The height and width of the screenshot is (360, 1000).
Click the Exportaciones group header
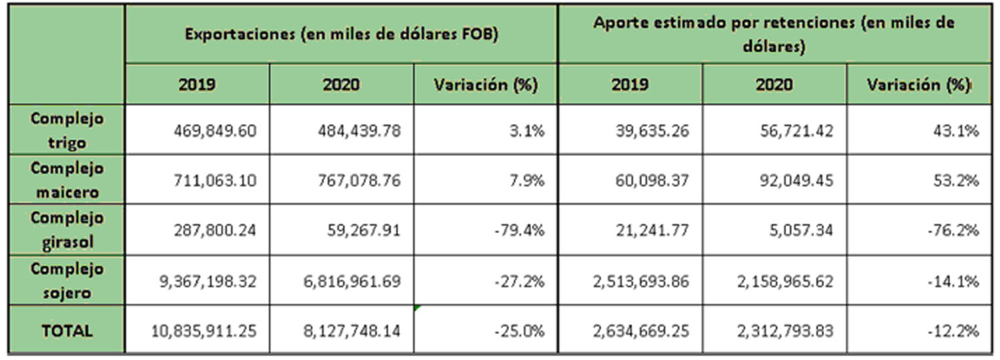coord(341,35)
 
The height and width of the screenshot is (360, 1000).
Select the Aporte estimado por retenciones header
coord(773,35)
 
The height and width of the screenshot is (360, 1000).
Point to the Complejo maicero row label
coord(67,180)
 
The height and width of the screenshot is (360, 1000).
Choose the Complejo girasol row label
coord(67,230)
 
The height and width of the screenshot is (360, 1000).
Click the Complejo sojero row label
coord(67,281)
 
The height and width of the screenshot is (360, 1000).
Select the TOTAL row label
coord(67,331)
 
